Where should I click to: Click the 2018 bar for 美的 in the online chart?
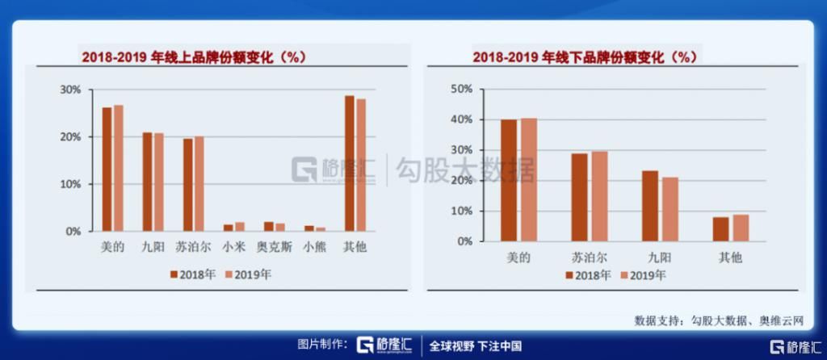tap(107, 169)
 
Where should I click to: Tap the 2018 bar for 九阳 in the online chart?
tap(147, 182)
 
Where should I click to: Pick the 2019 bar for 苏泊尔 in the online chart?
tap(199, 183)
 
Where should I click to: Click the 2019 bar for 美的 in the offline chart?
tap(528, 179)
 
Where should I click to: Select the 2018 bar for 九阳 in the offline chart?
tap(650, 205)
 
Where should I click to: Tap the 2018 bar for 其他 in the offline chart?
tap(720, 228)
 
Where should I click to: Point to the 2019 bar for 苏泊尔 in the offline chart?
tap(599, 196)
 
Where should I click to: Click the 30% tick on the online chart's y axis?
tap(70, 90)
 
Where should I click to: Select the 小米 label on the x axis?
tap(234, 247)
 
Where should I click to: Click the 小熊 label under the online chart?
tap(315, 247)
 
